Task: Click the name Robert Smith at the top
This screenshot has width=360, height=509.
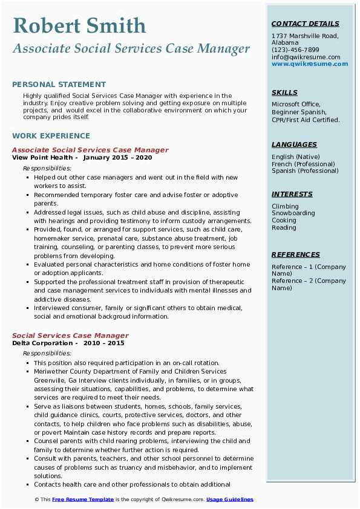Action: click(x=79, y=25)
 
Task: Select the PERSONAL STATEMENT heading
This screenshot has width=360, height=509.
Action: click(x=59, y=85)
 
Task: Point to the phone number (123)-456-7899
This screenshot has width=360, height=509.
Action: click(x=295, y=50)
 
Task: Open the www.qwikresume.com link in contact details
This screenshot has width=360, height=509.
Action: click(x=306, y=63)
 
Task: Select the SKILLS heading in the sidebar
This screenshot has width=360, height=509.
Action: click(x=284, y=92)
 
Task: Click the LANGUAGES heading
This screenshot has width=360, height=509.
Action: click(x=294, y=144)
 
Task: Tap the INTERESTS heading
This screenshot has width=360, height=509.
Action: click(x=292, y=194)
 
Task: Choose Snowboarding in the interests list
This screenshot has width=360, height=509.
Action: click(x=293, y=213)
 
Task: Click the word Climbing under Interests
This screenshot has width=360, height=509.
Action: click(x=285, y=206)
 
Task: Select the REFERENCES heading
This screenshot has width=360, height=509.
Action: click(x=295, y=254)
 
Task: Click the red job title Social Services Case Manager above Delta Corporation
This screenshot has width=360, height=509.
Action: click(x=70, y=336)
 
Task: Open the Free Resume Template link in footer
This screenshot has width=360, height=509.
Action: click(x=82, y=499)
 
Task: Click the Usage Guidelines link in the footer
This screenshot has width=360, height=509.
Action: click(x=230, y=499)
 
